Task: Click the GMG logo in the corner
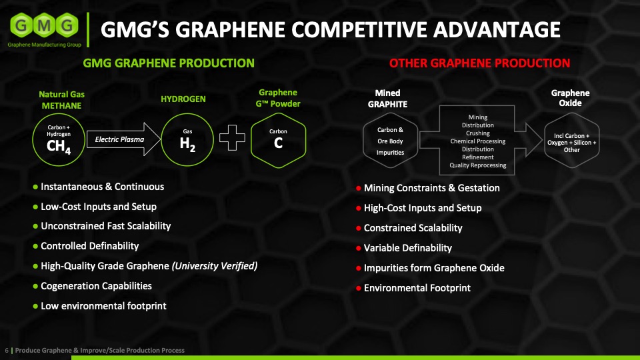(x=45, y=30)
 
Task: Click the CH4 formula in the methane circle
(x=59, y=147)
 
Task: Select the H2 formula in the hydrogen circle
(x=187, y=144)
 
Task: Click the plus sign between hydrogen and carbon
(x=232, y=138)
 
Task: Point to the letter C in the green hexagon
(x=278, y=143)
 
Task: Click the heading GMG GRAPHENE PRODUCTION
(x=169, y=63)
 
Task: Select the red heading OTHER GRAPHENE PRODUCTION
(x=479, y=63)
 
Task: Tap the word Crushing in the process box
(x=478, y=133)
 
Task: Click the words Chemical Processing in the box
(x=478, y=141)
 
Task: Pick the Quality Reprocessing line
(x=478, y=165)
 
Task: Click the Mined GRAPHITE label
(x=387, y=99)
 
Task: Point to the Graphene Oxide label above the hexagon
(x=570, y=98)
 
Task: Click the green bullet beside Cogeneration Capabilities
(x=35, y=286)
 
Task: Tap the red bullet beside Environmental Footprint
(x=359, y=288)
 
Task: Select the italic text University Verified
(x=215, y=266)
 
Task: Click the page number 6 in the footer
(x=7, y=350)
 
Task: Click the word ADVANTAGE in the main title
(x=497, y=30)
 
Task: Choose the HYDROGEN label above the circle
(x=183, y=99)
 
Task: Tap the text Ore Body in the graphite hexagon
(x=390, y=141)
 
